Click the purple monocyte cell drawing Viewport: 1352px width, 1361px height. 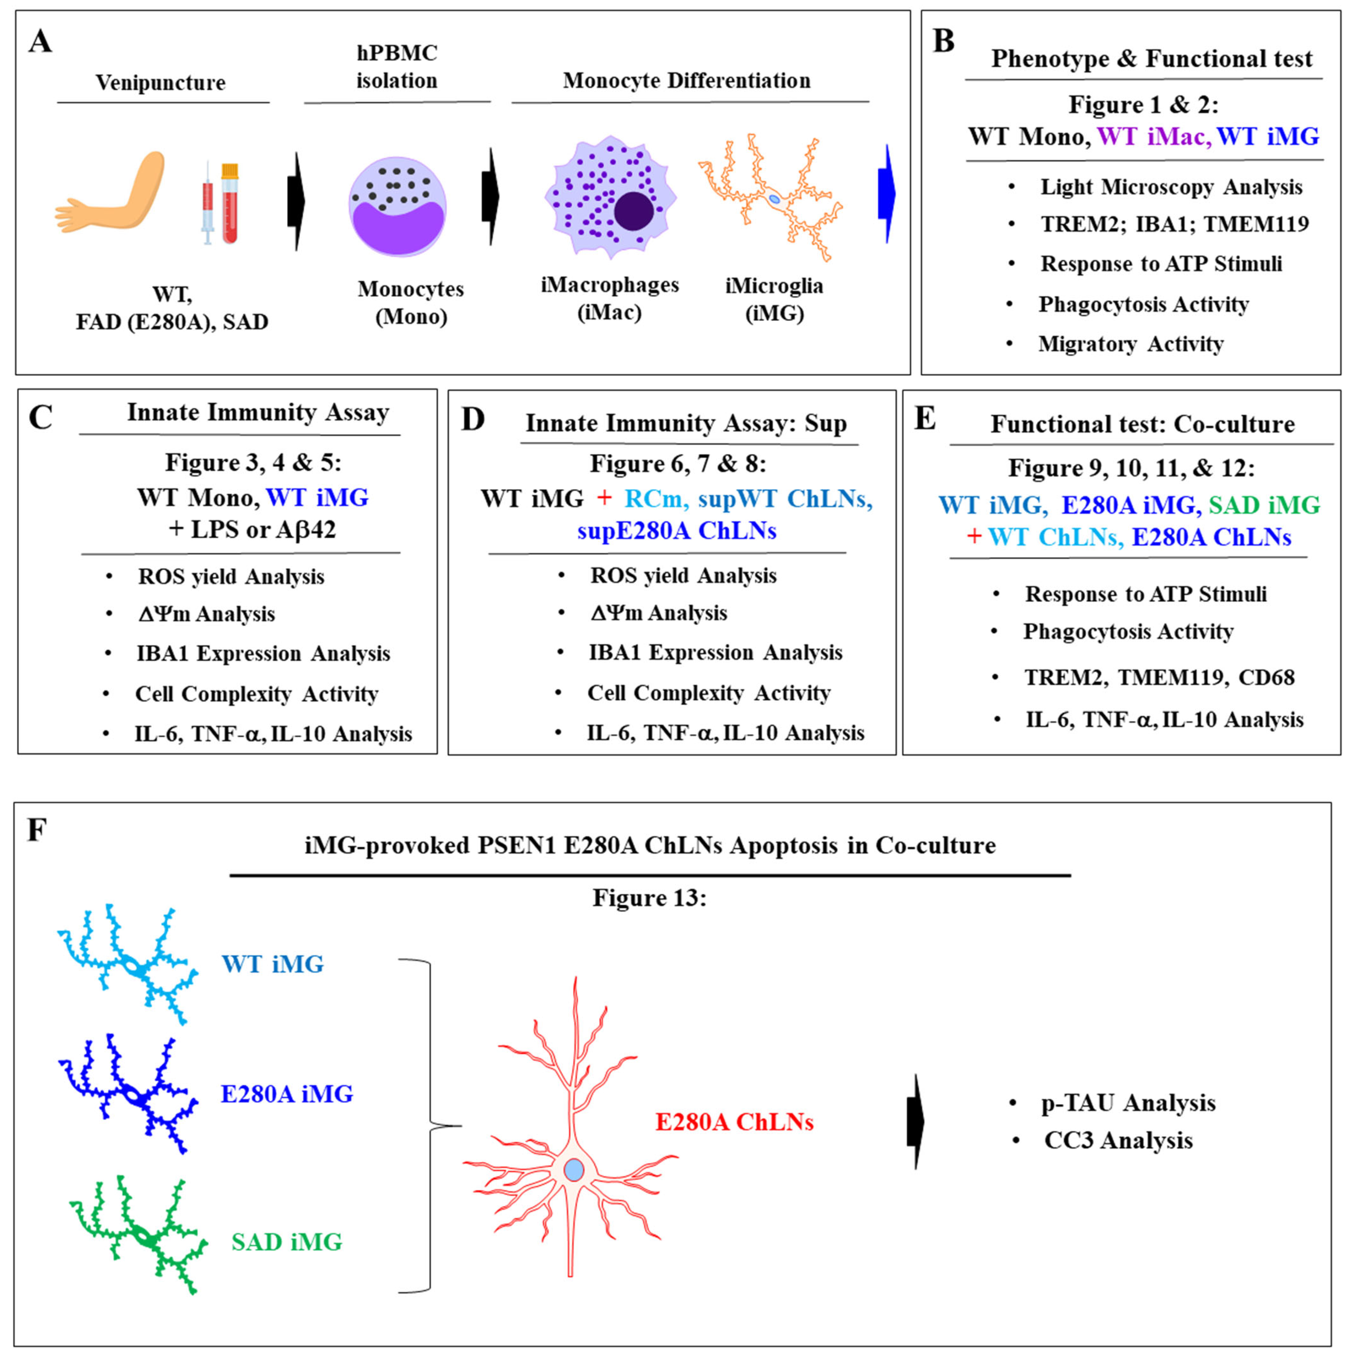(398, 206)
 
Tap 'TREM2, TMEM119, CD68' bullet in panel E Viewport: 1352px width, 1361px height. (1159, 677)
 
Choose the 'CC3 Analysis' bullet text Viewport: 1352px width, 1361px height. (1118, 1140)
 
